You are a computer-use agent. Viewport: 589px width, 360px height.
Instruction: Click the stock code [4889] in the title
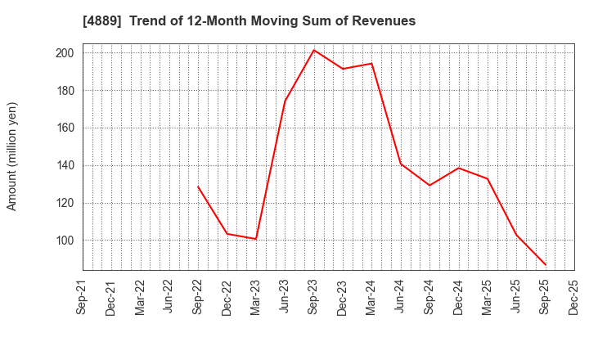(100, 21)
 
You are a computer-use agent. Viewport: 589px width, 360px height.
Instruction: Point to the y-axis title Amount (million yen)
(12, 156)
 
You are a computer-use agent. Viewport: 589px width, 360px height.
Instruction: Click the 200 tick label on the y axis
(65, 53)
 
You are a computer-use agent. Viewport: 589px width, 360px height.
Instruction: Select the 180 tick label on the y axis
(65, 91)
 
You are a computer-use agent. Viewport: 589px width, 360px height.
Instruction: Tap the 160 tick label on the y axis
(65, 128)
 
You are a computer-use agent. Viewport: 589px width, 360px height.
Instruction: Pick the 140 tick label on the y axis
(65, 165)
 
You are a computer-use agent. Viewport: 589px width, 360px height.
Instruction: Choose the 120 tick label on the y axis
(65, 203)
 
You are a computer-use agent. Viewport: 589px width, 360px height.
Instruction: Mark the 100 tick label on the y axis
(65, 241)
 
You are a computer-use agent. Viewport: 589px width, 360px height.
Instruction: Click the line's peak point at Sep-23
(314, 50)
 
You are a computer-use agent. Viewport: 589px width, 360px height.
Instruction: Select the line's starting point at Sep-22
(198, 187)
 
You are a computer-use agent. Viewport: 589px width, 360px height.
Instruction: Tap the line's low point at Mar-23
(256, 239)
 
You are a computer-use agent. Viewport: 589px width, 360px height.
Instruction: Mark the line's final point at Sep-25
(546, 265)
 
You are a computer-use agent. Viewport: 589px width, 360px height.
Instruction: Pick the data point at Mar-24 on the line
(371, 63)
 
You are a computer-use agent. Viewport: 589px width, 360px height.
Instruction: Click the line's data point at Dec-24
(458, 168)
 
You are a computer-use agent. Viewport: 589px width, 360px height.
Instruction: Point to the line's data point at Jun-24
(401, 164)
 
